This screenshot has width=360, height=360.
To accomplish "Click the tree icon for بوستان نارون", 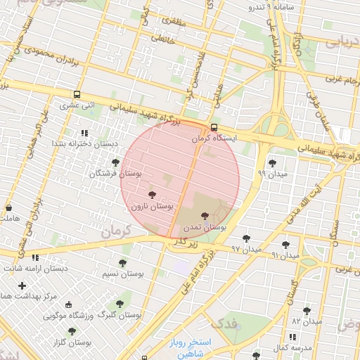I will pos(151,195).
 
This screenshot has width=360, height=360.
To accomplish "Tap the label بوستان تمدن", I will pos(205,227).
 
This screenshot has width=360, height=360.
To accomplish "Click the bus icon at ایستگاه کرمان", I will pos(214,127).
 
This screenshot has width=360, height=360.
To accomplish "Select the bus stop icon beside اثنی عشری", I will pos(77,94).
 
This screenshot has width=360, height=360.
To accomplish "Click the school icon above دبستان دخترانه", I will pos(84,132).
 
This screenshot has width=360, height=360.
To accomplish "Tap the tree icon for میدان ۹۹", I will pos(272,162).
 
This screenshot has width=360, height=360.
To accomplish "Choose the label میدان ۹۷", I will pos(246,249).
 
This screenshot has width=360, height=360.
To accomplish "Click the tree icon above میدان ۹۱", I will pos(285,245).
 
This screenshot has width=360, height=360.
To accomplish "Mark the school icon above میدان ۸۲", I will pos(307,310).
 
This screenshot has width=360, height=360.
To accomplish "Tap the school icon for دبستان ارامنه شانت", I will pos(35,257).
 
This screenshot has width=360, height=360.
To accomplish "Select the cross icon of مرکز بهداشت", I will pos(23,285).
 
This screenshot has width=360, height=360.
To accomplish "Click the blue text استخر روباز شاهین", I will pos(195,348).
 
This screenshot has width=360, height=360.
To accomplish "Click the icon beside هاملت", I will pos(8,208).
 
